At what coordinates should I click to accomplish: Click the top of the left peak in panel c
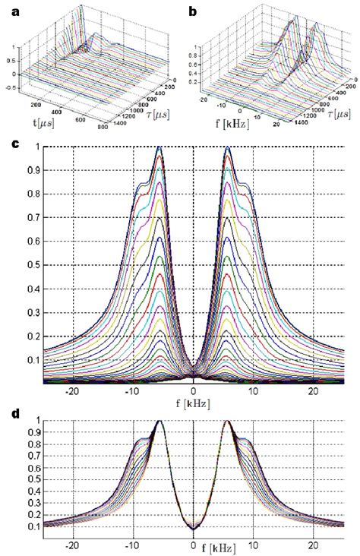[159, 148]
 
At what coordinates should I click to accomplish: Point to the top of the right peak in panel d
[228, 421]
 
